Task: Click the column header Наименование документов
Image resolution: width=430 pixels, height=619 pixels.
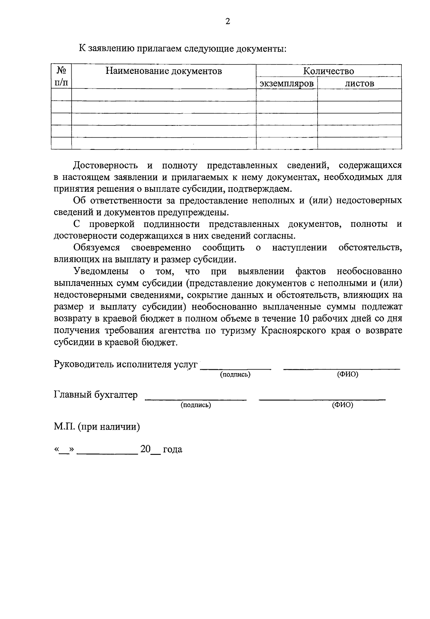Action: (164, 71)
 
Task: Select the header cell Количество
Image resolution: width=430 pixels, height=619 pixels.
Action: (329, 71)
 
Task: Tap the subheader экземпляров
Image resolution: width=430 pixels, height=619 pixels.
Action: (287, 84)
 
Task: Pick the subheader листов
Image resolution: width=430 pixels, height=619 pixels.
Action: (359, 84)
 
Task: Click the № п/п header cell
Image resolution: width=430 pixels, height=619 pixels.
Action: (61, 77)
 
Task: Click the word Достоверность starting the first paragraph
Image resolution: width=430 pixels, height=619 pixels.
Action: (105, 166)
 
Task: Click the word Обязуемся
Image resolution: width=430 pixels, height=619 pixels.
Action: (96, 248)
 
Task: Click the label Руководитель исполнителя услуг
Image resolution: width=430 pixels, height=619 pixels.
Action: (126, 365)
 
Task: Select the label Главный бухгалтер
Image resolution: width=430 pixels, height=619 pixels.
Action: (96, 395)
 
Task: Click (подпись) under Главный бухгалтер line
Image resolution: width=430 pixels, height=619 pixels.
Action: (196, 405)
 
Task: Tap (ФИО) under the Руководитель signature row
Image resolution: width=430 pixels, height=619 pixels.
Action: (348, 375)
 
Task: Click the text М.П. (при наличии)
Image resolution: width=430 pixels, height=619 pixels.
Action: (97, 427)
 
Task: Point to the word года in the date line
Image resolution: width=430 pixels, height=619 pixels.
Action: (172, 449)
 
